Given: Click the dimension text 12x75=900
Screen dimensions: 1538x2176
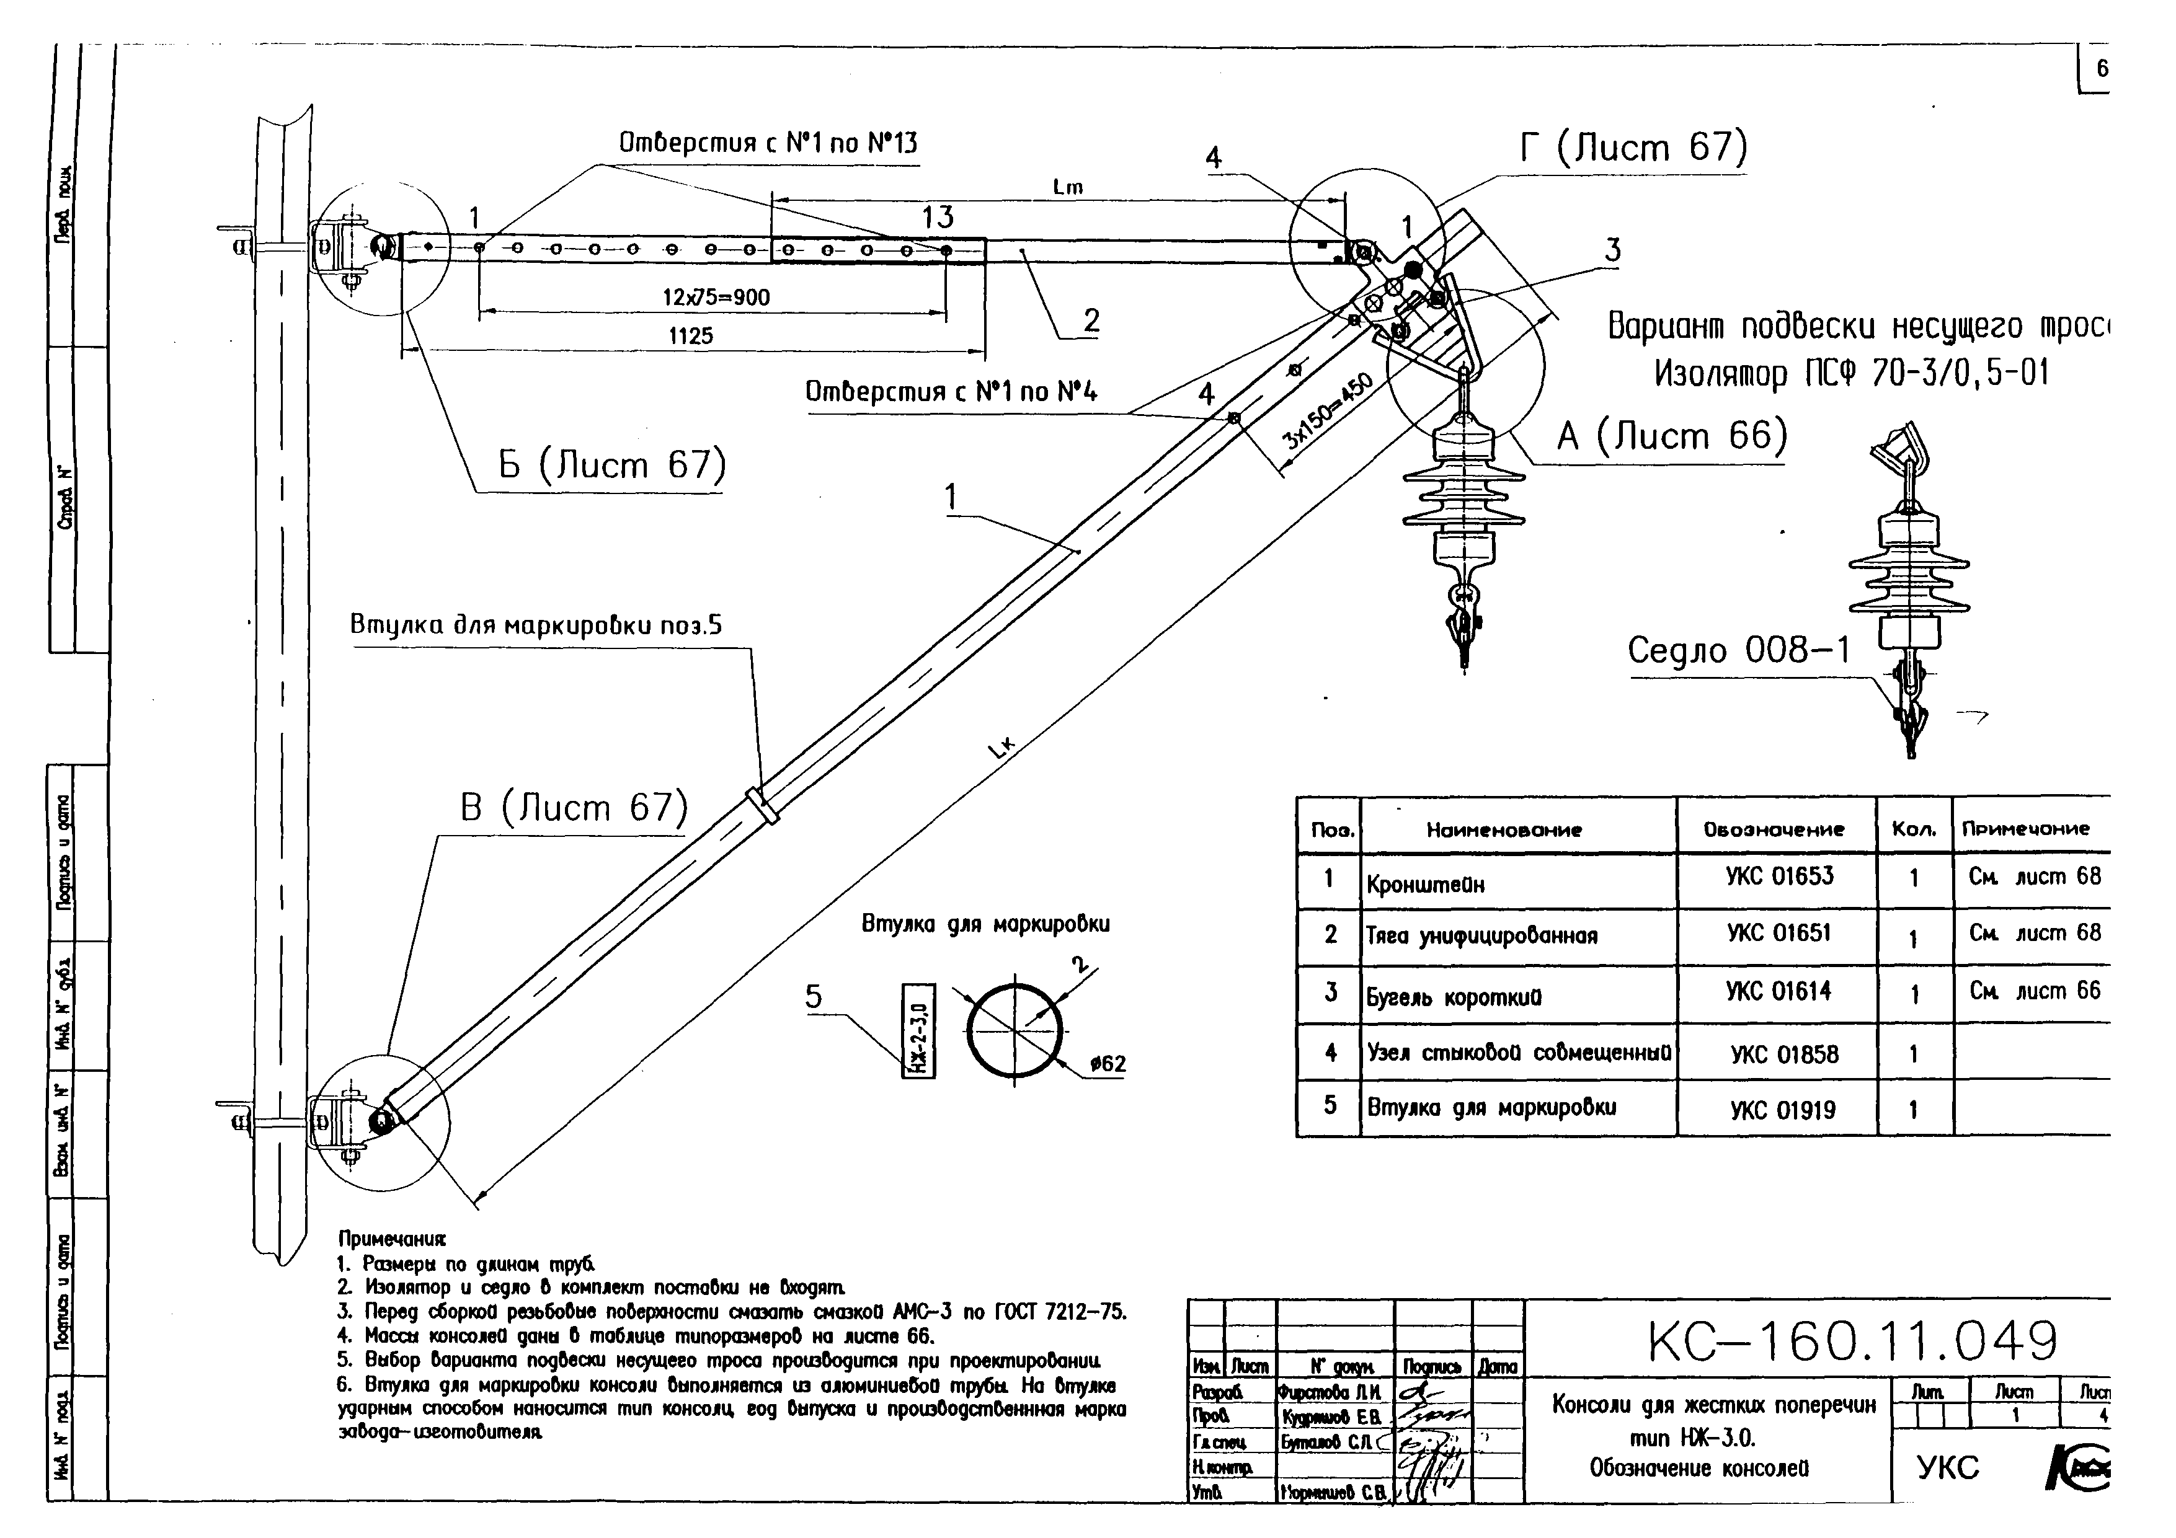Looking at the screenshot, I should click(716, 298).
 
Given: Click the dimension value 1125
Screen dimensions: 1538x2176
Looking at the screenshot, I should click(691, 335).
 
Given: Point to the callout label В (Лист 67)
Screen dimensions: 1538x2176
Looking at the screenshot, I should click(574, 807).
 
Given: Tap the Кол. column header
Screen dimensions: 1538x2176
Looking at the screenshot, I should click(1914, 829).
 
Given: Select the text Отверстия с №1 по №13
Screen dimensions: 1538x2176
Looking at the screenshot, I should click(768, 143).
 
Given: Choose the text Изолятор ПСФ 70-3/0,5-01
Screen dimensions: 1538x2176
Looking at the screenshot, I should click(1851, 373).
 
